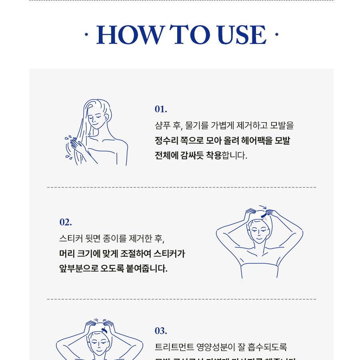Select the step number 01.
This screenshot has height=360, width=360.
tap(161, 109)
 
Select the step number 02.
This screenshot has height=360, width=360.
tap(66, 222)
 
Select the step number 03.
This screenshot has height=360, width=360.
tap(161, 331)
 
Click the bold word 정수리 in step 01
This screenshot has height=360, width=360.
tap(168, 141)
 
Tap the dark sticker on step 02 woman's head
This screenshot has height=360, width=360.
tap(264, 217)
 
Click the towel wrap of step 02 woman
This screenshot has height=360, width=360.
tap(259, 270)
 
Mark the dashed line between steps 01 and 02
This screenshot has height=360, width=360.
tap(181, 187)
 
